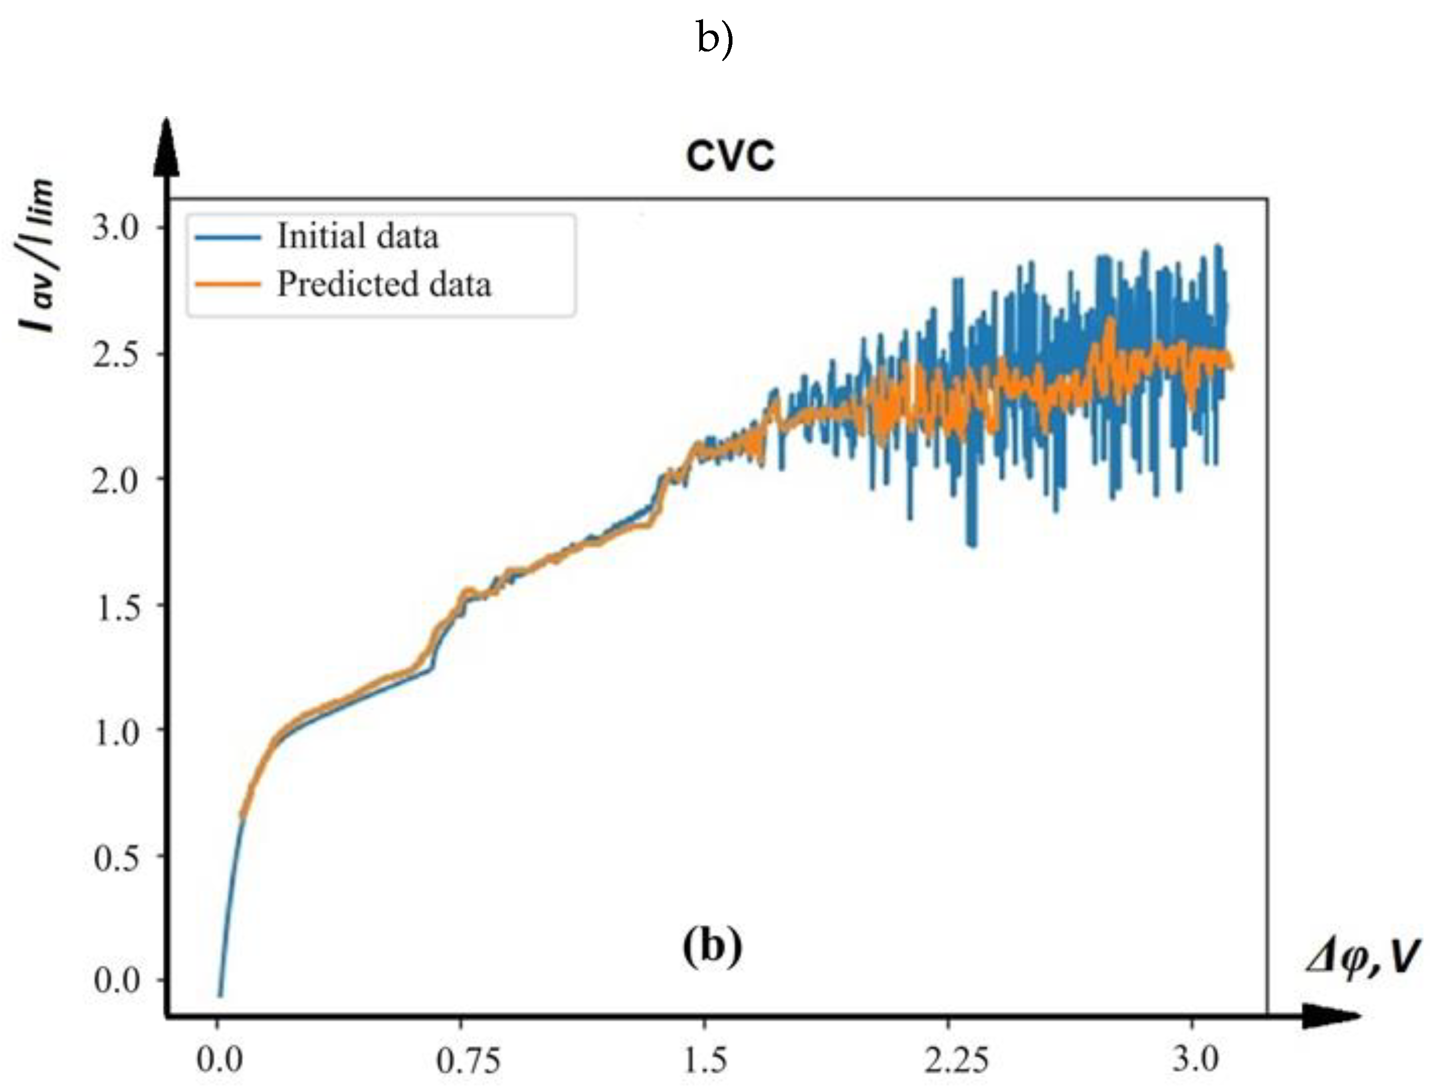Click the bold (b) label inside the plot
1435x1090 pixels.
tap(712, 947)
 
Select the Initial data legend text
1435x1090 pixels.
tap(358, 235)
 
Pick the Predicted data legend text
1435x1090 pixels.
tap(383, 284)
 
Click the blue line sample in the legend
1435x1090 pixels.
tap(228, 237)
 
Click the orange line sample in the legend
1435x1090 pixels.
tap(228, 284)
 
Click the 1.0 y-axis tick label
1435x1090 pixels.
tap(117, 733)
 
